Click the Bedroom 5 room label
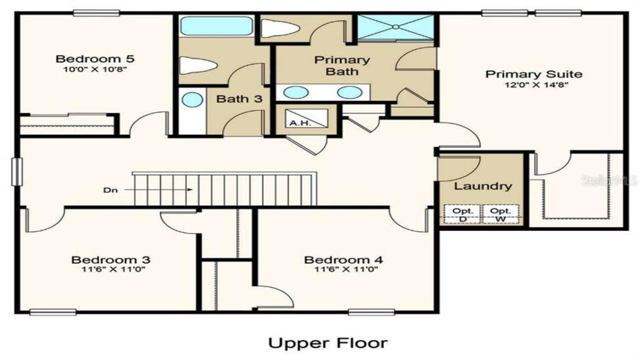click(x=95, y=59)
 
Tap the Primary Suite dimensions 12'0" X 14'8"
click(x=533, y=85)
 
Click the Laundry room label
click(x=483, y=186)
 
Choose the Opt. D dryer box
click(x=462, y=215)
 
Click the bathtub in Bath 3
click(x=216, y=26)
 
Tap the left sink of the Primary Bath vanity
click(x=295, y=92)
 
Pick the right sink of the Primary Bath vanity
click(x=347, y=92)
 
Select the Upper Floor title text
click(x=327, y=343)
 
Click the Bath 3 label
click(x=239, y=99)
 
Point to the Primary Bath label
click(x=342, y=65)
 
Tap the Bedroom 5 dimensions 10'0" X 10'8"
click(x=95, y=69)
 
